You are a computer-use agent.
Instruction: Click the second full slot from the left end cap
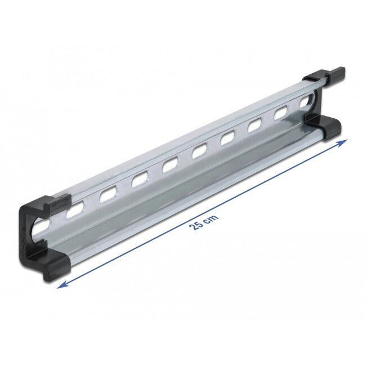(106, 197)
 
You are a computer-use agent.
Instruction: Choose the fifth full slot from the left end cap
(199, 151)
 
